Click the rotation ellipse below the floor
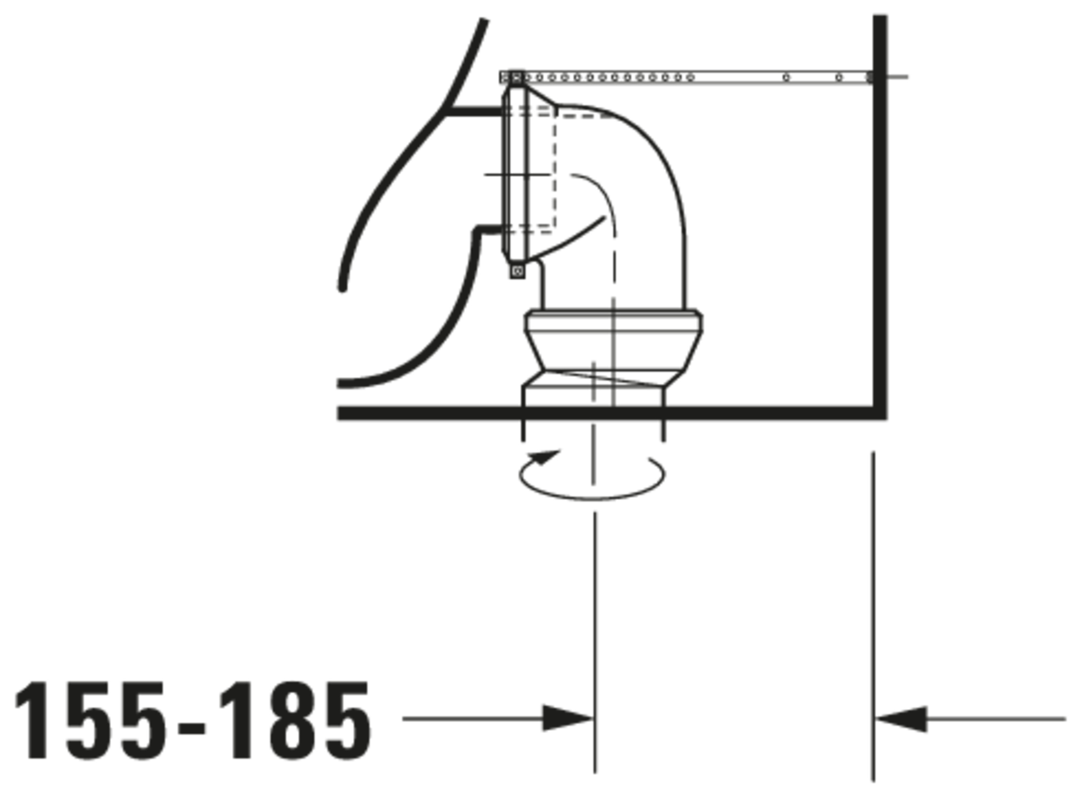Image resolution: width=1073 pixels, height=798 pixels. (x=592, y=498)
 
